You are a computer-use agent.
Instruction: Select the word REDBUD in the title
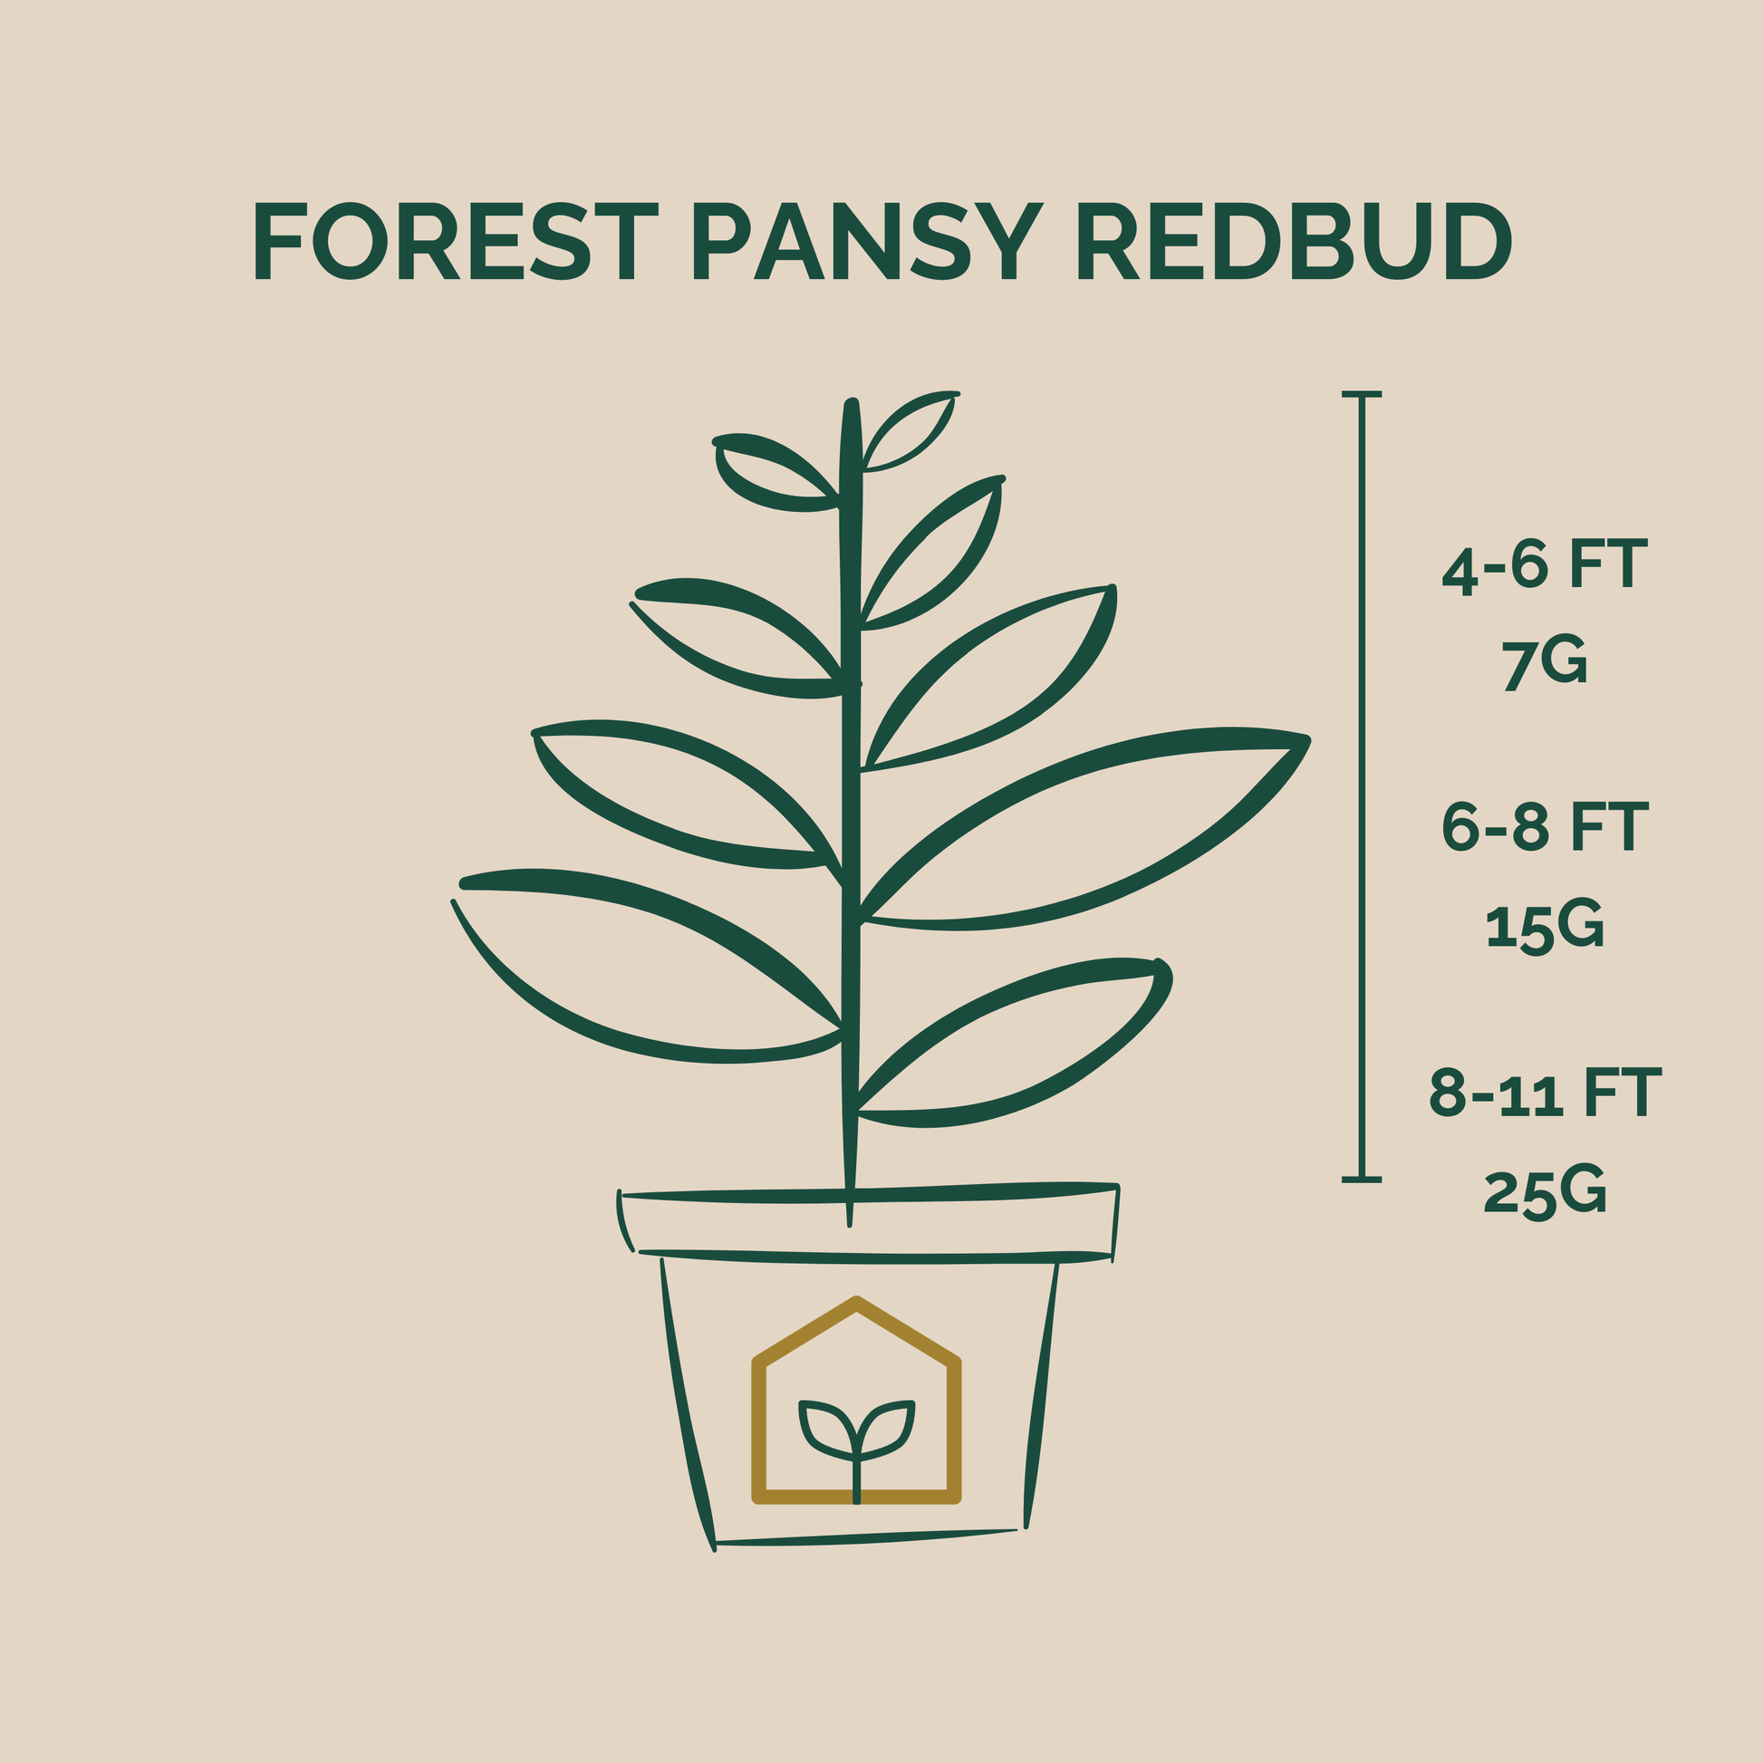point(1294,241)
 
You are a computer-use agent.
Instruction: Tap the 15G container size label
point(1544,927)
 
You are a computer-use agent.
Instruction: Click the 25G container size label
point(1544,1190)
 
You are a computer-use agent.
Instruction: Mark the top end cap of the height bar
point(1362,394)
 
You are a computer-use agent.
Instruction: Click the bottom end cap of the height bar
point(1362,1180)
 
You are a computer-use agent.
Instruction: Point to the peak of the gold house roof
point(856,1302)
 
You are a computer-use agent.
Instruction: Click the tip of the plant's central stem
point(852,403)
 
